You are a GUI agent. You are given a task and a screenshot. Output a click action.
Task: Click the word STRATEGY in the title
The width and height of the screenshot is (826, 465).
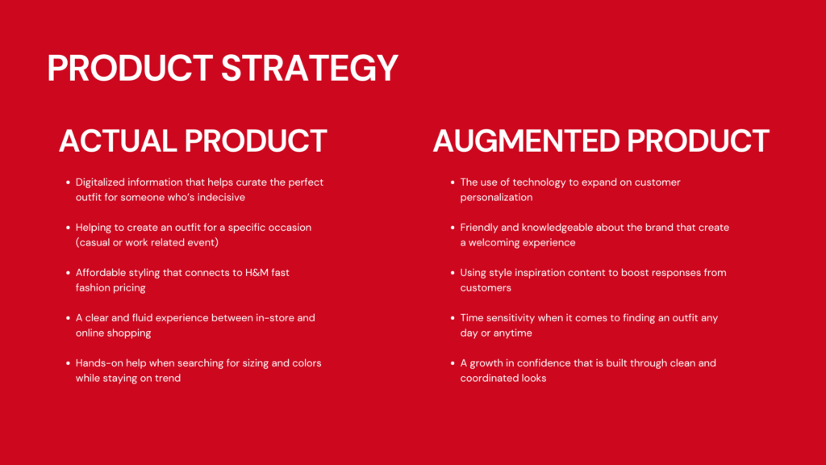(309, 68)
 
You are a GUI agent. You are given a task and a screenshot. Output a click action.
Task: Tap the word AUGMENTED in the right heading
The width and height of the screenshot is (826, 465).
(526, 140)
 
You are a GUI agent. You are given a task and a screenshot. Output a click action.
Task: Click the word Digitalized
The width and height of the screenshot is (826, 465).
(100, 182)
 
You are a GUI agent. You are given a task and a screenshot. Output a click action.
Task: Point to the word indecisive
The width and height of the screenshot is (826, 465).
(221, 197)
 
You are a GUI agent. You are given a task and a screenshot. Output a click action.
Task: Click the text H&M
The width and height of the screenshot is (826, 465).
(257, 273)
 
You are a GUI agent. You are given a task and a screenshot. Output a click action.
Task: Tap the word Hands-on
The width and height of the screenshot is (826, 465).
(97, 363)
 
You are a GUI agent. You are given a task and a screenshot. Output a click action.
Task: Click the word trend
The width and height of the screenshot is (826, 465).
(168, 378)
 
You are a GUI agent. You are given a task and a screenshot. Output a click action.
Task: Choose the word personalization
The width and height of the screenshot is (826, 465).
(496, 198)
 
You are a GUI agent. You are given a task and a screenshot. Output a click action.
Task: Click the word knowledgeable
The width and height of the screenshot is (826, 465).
(553, 228)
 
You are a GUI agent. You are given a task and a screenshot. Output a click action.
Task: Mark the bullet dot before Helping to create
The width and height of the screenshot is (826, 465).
(68, 228)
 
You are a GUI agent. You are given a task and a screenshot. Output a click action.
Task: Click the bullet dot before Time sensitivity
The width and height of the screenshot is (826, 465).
(453, 318)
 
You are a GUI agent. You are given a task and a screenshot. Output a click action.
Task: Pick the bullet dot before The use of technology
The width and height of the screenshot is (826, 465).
(453, 182)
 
